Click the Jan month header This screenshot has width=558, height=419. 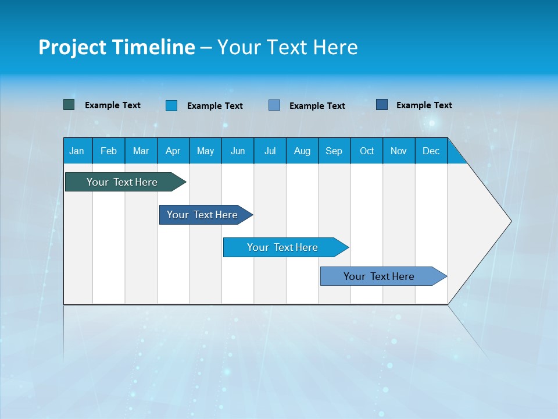click(77, 151)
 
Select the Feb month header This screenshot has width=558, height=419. click(109, 151)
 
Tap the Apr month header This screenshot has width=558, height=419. click(173, 151)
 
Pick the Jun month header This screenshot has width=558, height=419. click(238, 151)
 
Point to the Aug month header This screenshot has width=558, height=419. click(302, 151)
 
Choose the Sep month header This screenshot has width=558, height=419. click(334, 151)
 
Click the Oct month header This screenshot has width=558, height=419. click(367, 151)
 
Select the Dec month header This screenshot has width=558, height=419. click(431, 151)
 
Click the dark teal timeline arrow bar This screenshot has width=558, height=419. click(122, 182)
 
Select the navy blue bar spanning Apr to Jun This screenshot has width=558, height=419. click(202, 215)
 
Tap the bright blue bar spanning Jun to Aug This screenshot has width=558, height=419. click(282, 247)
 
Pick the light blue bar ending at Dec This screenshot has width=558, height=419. click(379, 276)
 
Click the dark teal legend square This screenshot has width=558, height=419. click(69, 105)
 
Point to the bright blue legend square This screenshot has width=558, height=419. click(171, 105)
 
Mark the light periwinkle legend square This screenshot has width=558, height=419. click(274, 105)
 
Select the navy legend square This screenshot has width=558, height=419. click(382, 105)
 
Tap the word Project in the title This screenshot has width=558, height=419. click(71, 47)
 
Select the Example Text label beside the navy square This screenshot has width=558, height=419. click(424, 105)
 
